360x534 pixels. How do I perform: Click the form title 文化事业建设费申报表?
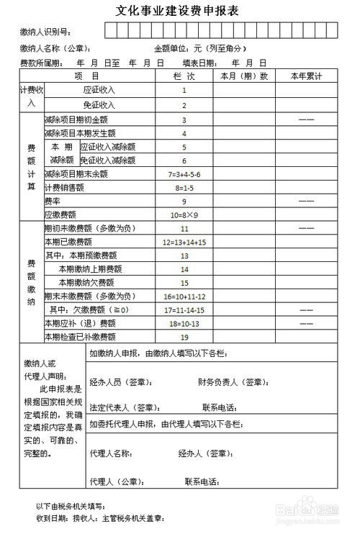(x=178, y=11)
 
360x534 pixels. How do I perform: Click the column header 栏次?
(x=184, y=76)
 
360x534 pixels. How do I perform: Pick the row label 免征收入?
(x=99, y=105)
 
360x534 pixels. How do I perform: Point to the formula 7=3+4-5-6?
(x=184, y=174)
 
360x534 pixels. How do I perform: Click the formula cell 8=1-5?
(x=184, y=188)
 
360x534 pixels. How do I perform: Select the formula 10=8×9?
(x=184, y=215)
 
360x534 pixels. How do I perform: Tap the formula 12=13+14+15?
(x=184, y=242)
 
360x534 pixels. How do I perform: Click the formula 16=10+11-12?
(x=184, y=296)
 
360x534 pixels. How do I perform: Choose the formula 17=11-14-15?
(x=184, y=309)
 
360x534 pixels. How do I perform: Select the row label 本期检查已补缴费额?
(x=79, y=336)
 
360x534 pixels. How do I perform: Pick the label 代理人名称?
(x=111, y=454)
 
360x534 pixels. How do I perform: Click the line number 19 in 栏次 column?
(x=184, y=337)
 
